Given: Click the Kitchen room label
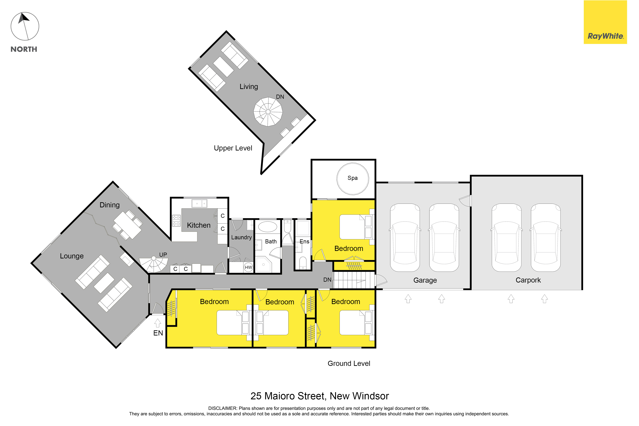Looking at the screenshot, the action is tap(199, 225).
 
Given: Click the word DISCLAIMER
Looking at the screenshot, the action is tap(223, 408).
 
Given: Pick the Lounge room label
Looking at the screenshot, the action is tap(72, 256).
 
